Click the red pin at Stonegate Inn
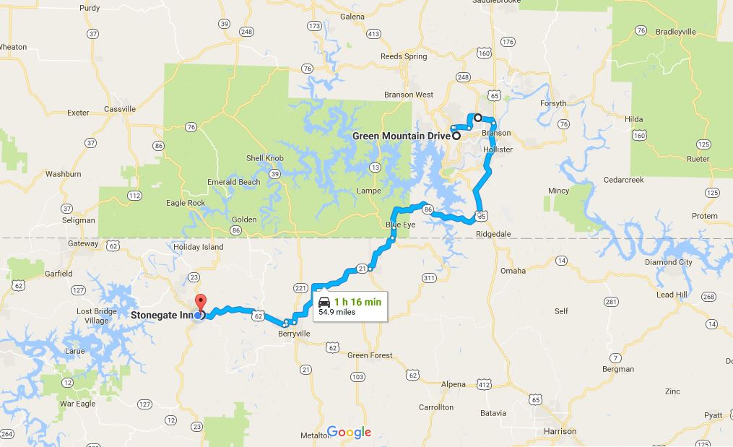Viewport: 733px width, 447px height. tap(201, 302)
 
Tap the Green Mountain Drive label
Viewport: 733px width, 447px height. tap(401, 135)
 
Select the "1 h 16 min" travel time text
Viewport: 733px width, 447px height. tap(357, 301)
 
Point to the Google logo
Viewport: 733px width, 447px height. tap(349, 433)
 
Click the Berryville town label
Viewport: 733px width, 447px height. tap(294, 334)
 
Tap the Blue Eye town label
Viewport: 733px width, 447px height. tap(400, 225)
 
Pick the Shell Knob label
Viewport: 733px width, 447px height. tap(264, 158)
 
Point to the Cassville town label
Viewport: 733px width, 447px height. tap(120, 109)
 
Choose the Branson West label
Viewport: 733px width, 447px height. tap(408, 95)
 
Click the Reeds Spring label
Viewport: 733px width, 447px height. tap(404, 56)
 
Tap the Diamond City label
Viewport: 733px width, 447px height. tap(668, 262)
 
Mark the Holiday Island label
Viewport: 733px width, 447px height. tap(199, 246)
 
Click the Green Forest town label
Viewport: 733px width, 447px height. tap(370, 355)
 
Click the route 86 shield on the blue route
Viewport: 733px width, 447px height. tap(428, 209)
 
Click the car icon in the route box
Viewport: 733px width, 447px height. tap(324, 302)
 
